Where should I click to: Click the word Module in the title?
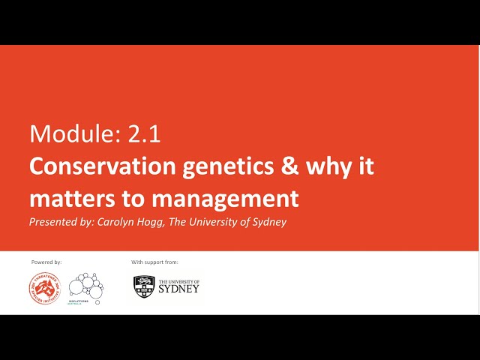point(63,134)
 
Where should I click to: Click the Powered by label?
point(46,262)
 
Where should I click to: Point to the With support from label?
point(154,262)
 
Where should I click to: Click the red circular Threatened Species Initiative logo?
point(44,288)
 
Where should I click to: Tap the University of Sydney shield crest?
point(144,286)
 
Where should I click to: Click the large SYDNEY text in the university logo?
point(178,289)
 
